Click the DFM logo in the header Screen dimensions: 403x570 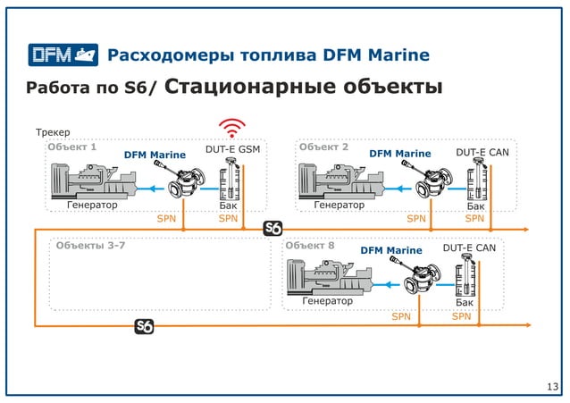(62, 55)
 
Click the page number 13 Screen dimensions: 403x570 (551, 385)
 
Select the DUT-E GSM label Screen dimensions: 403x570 (232, 150)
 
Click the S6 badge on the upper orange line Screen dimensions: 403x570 (274, 230)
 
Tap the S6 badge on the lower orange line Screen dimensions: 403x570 (144, 326)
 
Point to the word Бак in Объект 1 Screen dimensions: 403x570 (229, 206)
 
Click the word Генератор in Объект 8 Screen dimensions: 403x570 (327, 301)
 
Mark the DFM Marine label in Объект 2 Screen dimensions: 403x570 (399, 154)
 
